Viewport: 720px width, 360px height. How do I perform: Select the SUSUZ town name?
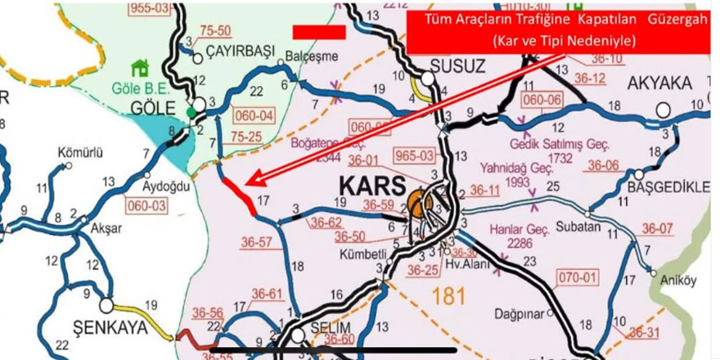[457, 65]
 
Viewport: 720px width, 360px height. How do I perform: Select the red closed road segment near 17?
[243, 197]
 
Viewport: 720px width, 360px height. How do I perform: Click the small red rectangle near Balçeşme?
[318, 31]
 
